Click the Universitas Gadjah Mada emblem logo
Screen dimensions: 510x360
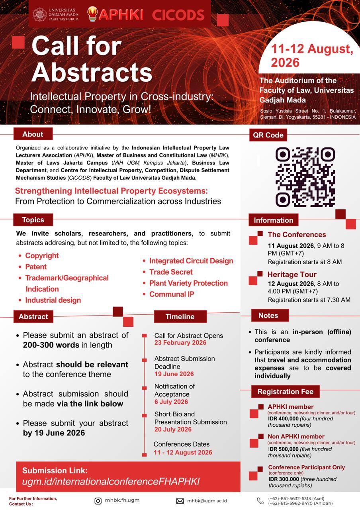coord(40,14)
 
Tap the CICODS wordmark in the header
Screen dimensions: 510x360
coord(178,15)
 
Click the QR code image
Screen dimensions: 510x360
coord(305,177)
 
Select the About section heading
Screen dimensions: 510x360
coord(33,134)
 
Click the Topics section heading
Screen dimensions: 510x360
coord(33,220)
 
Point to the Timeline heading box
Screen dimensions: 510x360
coord(180,317)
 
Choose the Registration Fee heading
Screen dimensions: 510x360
coord(285,392)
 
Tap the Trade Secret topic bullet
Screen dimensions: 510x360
coord(171,272)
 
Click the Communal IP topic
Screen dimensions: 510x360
coord(172,294)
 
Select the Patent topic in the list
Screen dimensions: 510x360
coord(36,267)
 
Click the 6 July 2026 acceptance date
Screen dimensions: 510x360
coord(171,402)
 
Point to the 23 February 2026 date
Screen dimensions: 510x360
coord(180,343)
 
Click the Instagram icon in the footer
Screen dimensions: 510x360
coord(98,501)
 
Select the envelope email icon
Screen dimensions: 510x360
coord(180,501)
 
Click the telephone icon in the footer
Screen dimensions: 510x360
coord(260,501)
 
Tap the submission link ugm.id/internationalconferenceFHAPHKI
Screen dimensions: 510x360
coord(111,481)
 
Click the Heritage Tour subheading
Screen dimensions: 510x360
coord(292,275)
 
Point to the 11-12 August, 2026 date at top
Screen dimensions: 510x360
coord(312,55)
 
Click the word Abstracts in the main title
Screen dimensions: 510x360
coord(92,73)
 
